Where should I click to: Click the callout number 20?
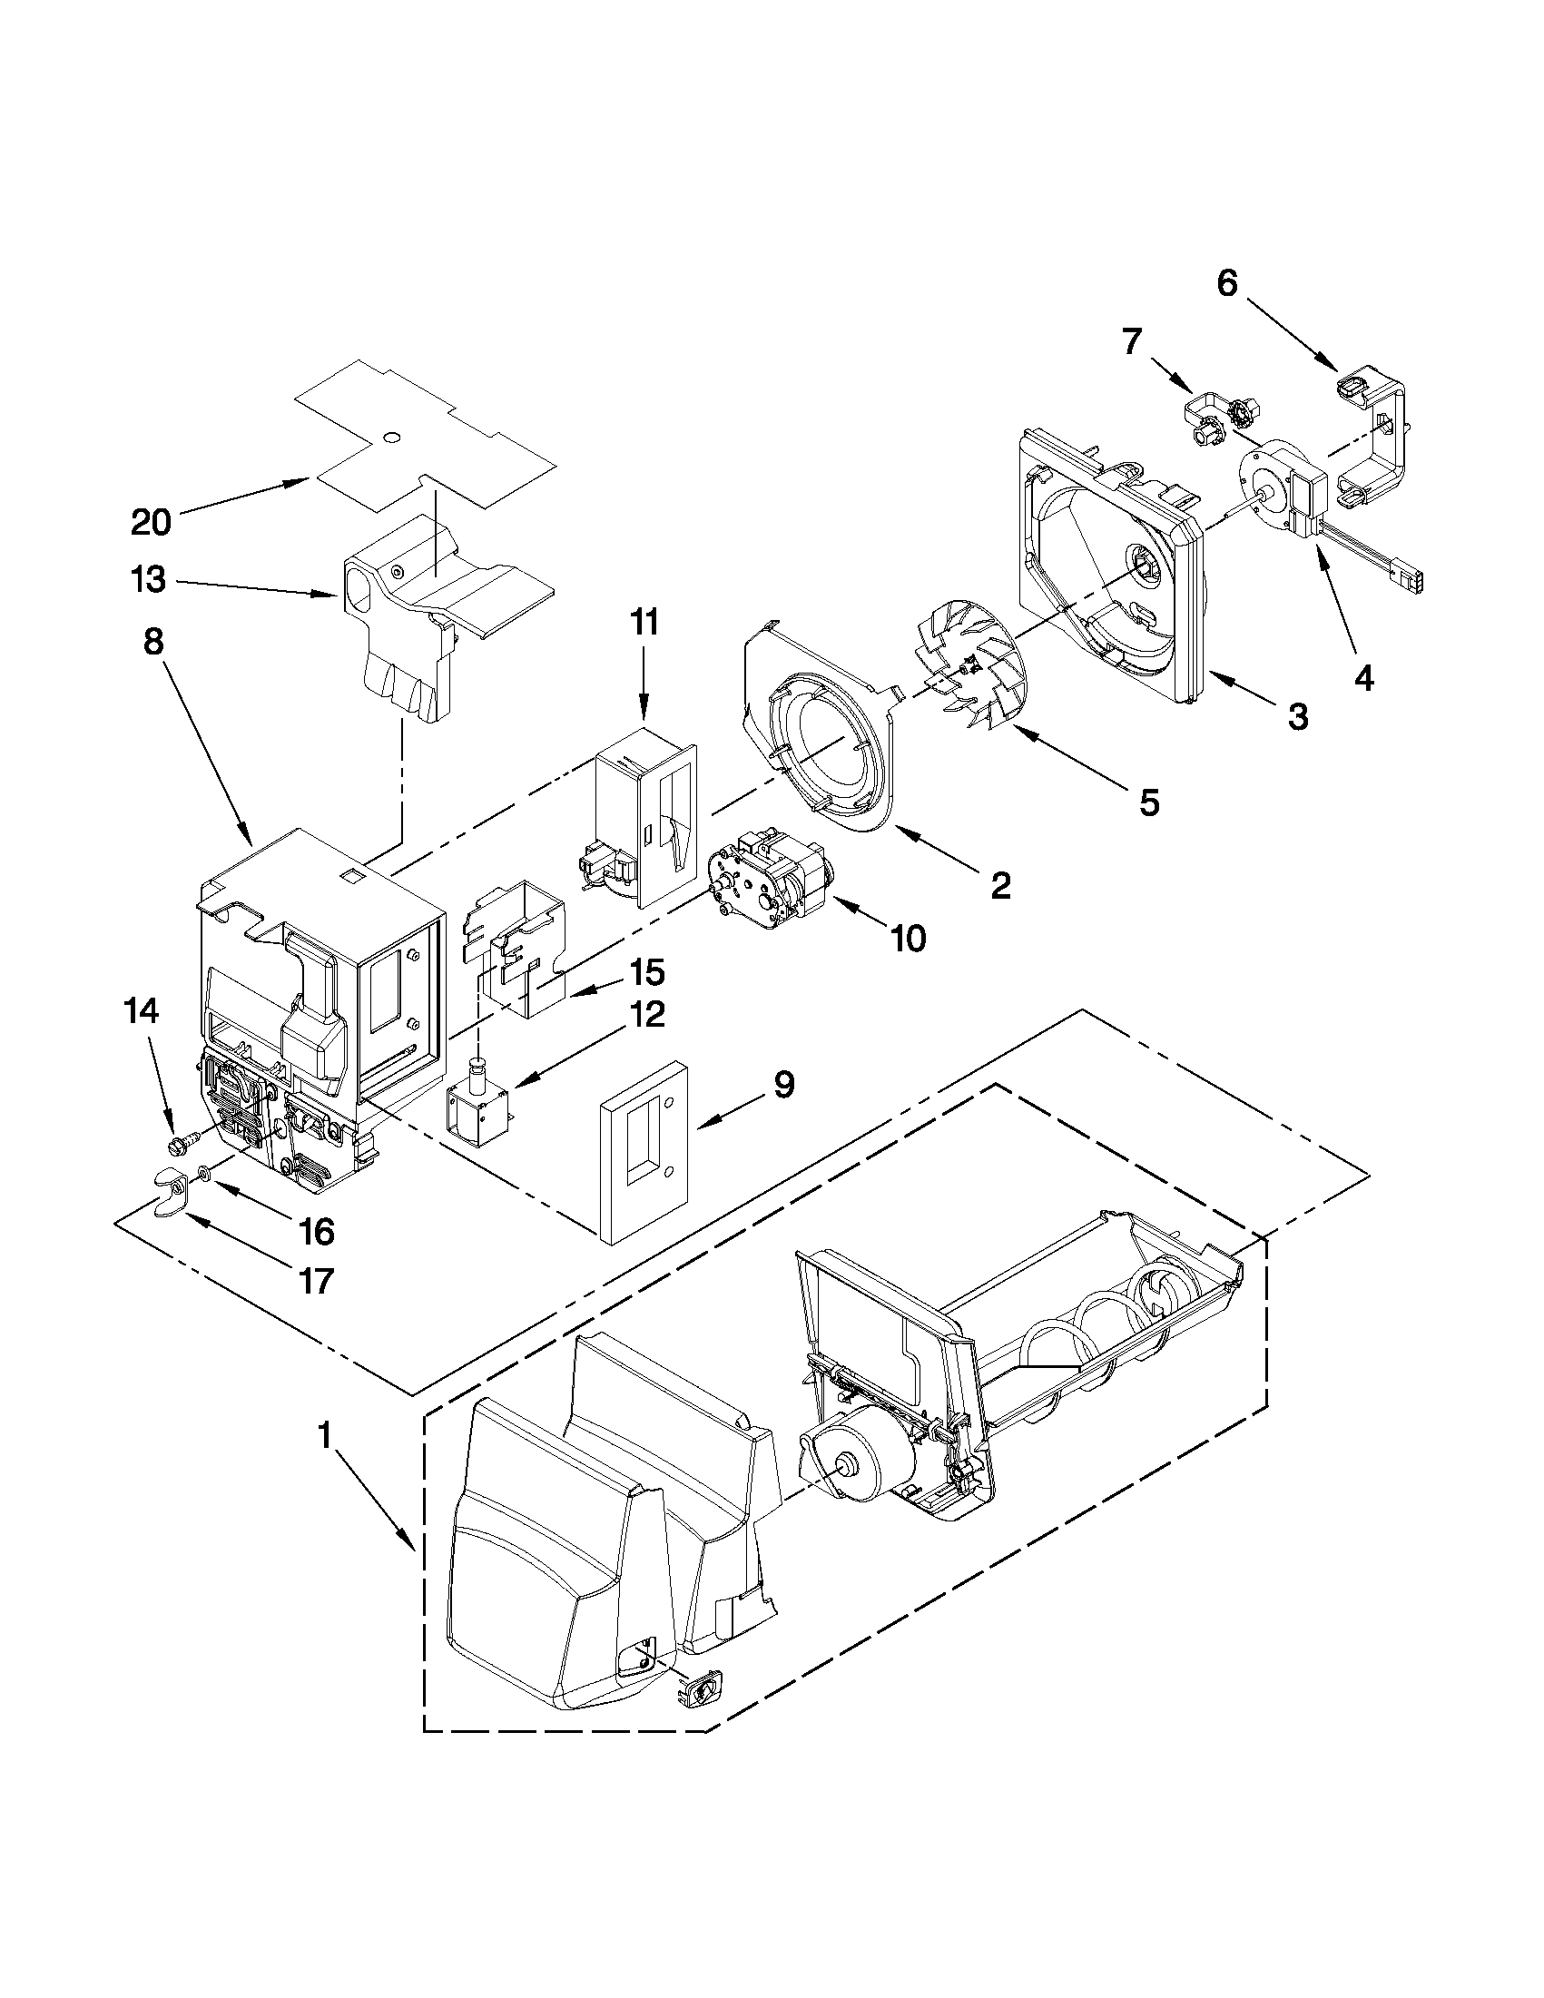point(151,522)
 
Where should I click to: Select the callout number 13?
point(149,579)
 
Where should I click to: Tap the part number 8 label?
point(153,641)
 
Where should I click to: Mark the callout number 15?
point(646,972)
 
